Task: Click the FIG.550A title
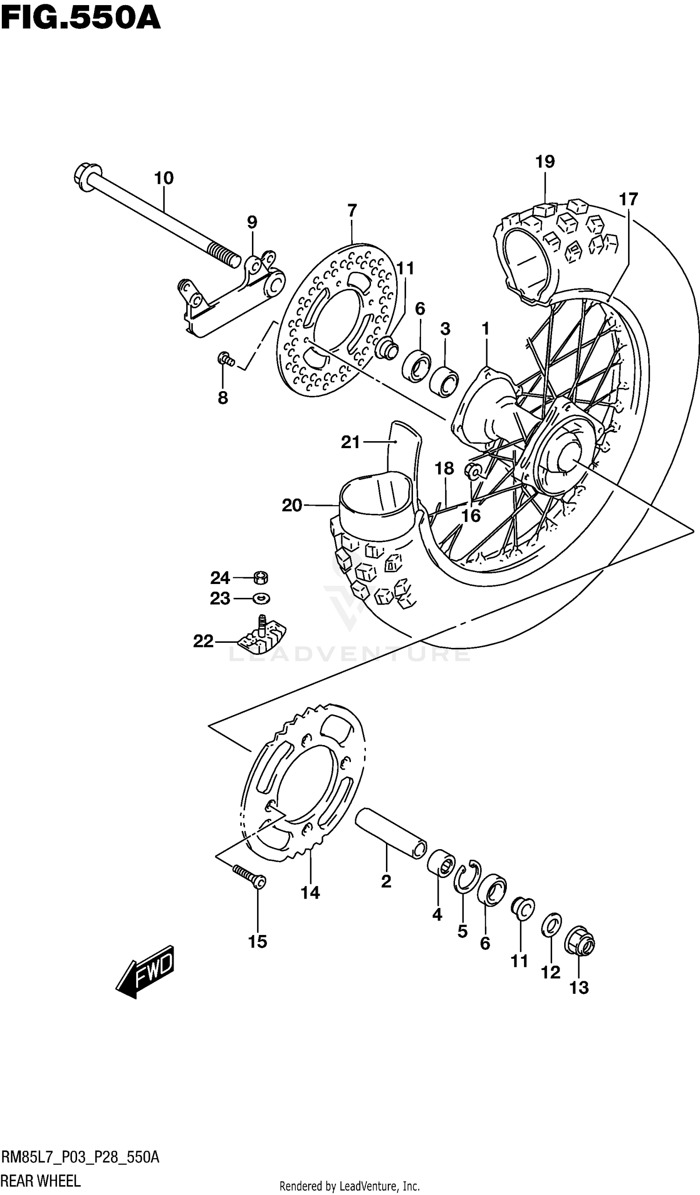(81, 19)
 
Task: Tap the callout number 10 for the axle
(163, 179)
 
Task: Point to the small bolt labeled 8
(225, 359)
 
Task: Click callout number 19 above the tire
(545, 162)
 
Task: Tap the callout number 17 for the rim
(629, 200)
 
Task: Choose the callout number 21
(350, 443)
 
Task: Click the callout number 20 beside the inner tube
(292, 506)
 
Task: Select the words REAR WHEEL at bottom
(41, 1181)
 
